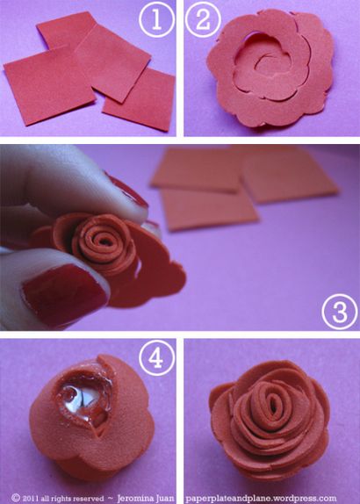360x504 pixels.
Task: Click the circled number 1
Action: [x=157, y=19]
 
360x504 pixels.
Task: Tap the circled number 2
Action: [x=203, y=19]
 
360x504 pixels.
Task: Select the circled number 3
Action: [x=340, y=312]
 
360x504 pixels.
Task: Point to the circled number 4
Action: [x=157, y=358]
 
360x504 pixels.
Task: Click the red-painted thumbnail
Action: [x=64, y=293]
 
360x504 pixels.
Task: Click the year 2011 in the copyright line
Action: [x=32, y=498]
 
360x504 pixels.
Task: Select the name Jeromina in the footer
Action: [x=136, y=498]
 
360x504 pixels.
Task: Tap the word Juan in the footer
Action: [x=166, y=498]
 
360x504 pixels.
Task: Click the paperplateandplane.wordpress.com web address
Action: [x=261, y=499]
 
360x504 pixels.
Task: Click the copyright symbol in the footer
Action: [x=16, y=498]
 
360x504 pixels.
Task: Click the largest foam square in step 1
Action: [x=50, y=85]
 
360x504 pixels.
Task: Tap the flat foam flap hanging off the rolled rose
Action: [x=155, y=273]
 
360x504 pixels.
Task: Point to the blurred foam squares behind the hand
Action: [x=244, y=186]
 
